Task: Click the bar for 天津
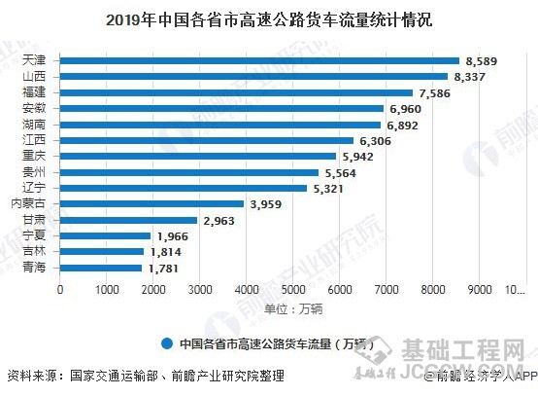point(259,60)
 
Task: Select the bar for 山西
point(253,76)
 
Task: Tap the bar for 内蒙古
point(151,204)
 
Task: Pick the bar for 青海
point(101,268)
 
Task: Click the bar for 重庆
point(198,156)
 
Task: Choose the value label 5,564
point(341,172)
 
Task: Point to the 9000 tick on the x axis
point(479,290)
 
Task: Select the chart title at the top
point(269,18)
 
